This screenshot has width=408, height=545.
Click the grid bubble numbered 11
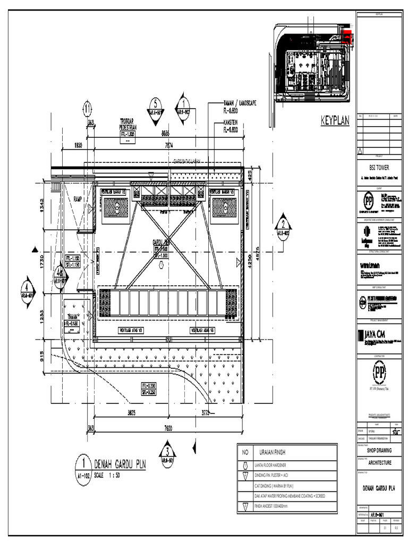tap(87, 109)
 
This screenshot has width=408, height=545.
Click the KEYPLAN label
tap(335, 121)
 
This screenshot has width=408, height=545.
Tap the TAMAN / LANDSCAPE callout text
tap(240, 103)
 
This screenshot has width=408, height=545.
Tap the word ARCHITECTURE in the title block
tap(379, 463)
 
